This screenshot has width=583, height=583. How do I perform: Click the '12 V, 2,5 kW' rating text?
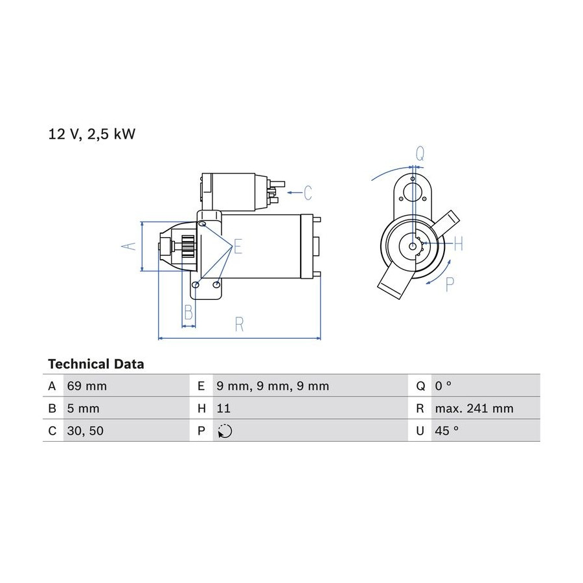point(91,134)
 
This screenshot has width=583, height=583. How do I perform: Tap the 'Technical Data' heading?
point(96,364)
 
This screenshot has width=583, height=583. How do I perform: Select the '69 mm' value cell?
point(87,386)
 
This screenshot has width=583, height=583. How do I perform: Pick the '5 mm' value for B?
point(83,409)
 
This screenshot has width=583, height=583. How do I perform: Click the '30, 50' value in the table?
point(85,431)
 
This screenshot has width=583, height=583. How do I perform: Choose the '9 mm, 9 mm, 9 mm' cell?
point(273,386)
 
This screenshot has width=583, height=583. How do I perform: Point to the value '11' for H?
point(223,409)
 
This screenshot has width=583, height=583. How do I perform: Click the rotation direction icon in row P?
point(225,431)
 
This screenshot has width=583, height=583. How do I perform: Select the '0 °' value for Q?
point(443,385)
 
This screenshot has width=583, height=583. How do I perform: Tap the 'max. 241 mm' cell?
point(474,409)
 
